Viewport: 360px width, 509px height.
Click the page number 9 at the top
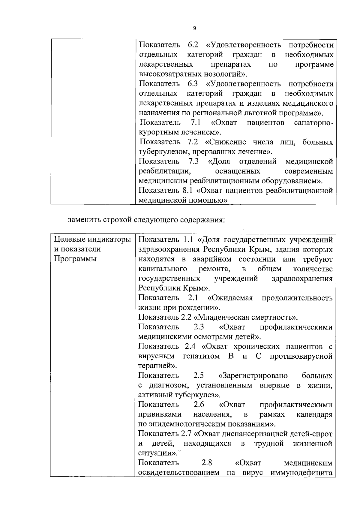194,28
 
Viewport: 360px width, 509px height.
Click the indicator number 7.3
194,161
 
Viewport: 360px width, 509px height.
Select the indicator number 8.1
187,190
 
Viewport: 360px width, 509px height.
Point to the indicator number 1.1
188,239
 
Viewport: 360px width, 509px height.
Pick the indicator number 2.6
199,405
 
